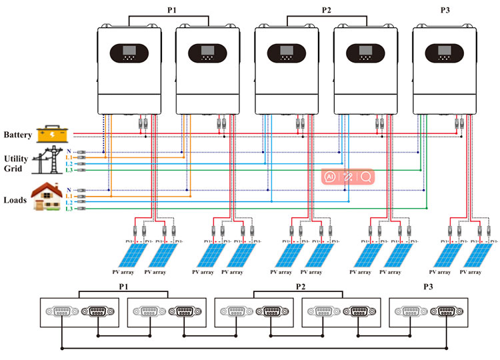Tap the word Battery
17,135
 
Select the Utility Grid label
16,164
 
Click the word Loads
15,198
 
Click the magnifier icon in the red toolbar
366,177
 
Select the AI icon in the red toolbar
329,177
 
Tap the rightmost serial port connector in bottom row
444,311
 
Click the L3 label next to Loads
69,209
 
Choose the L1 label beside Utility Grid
69,157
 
